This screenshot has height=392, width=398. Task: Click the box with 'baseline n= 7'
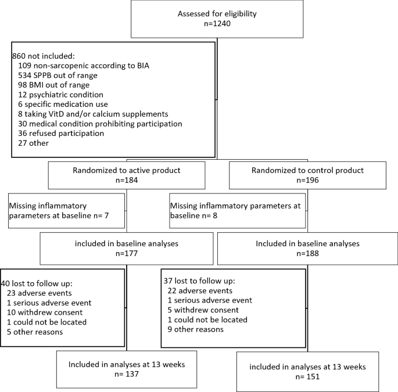pyautogui.click(x=66, y=210)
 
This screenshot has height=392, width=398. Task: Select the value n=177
pyautogui.click(x=126, y=253)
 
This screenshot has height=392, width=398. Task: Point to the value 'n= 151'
pyautogui.click(x=307, y=376)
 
